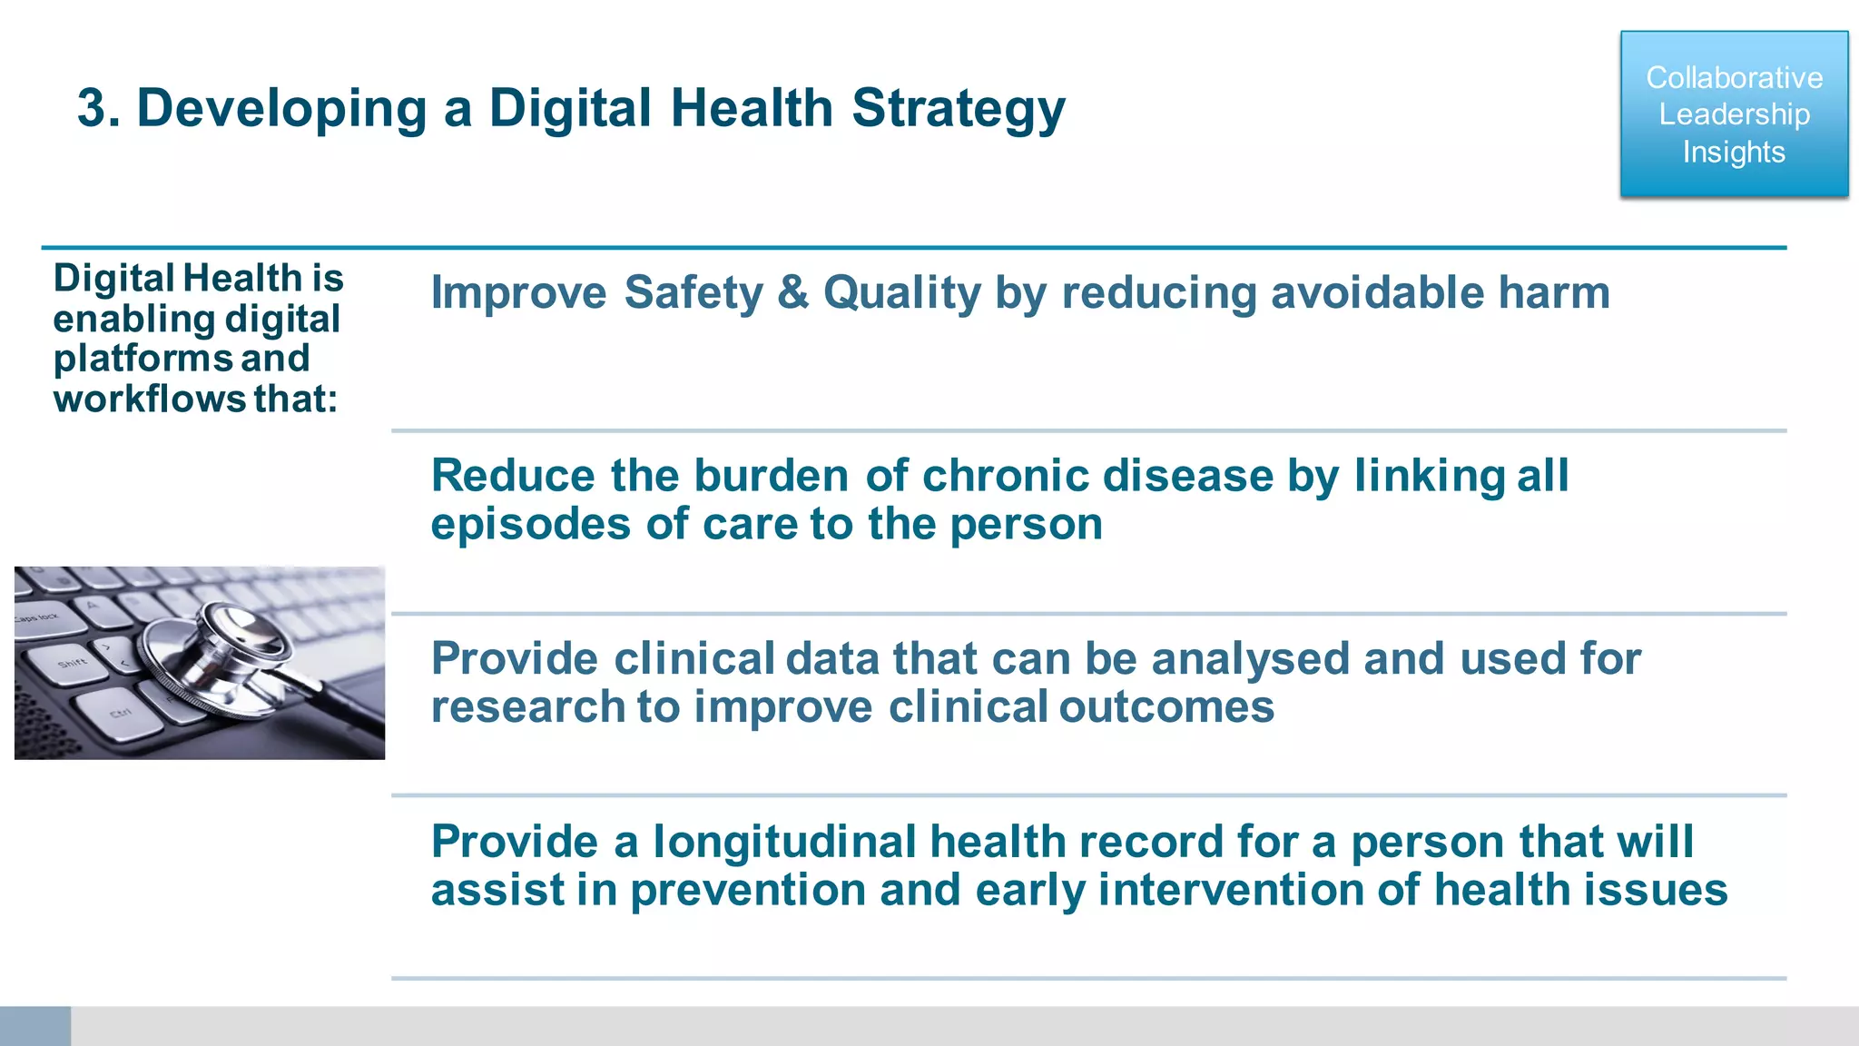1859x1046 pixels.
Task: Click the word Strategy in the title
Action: tap(958, 109)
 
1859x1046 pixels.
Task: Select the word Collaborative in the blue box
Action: tap(1734, 78)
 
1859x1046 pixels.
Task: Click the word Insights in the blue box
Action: tap(1734, 152)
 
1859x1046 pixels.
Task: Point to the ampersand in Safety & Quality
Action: tap(792, 293)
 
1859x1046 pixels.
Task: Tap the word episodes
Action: tap(530, 525)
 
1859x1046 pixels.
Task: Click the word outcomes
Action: tap(1166, 707)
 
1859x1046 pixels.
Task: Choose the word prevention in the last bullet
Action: tap(747, 890)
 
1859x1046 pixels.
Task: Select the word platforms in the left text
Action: tap(143, 359)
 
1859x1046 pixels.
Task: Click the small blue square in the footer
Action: tap(34, 1026)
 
